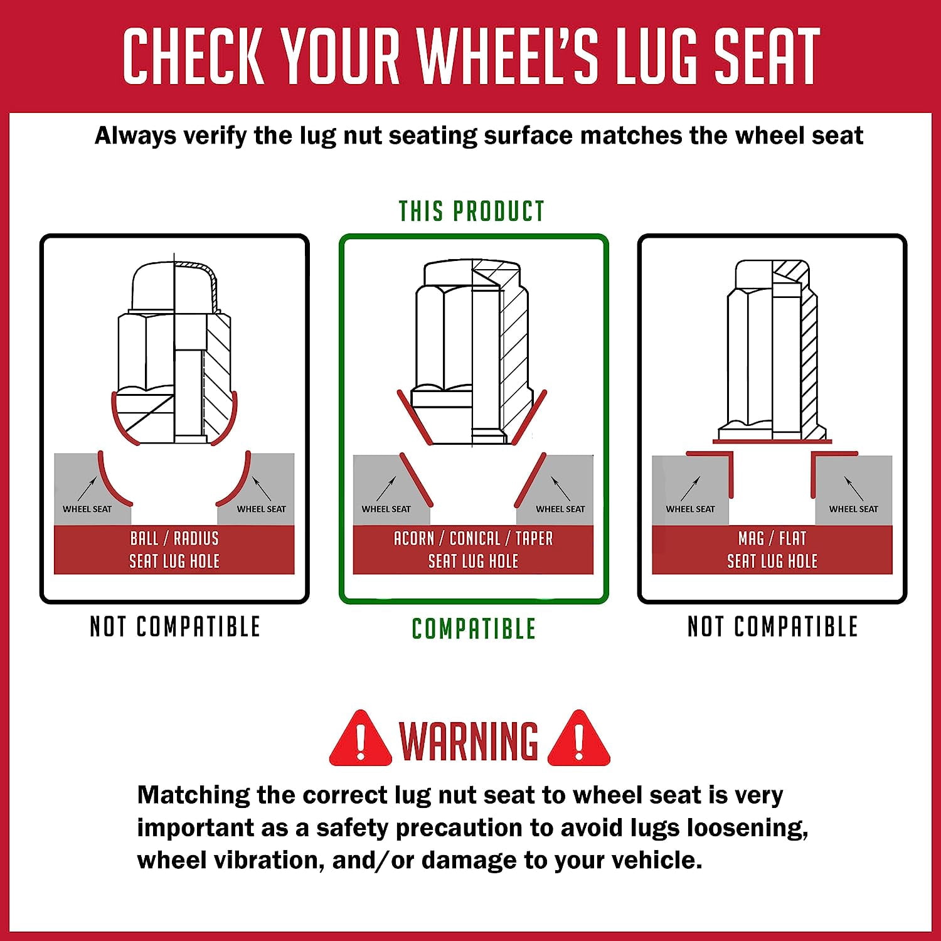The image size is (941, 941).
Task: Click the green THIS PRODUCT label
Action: click(x=472, y=211)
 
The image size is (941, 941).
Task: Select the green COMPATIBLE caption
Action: click(x=474, y=629)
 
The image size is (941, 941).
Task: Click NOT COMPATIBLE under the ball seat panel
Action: click(x=175, y=627)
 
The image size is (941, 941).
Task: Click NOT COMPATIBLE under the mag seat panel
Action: click(x=773, y=627)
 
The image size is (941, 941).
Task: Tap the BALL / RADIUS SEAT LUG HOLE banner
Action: click(x=174, y=550)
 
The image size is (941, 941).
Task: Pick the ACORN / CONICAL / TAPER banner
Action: click(x=473, y=550)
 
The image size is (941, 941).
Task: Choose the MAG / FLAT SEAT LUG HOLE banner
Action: click(x=772, y=550)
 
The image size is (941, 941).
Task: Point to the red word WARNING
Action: click(x=469, y=741)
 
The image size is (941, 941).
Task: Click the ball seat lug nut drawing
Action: click(x=174, y=353)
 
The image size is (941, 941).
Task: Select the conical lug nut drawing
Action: click(x=472, y=354)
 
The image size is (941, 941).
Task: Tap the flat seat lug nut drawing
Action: click(x=773, y=351)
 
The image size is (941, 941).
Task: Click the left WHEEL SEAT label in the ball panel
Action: click(x=87, y=509)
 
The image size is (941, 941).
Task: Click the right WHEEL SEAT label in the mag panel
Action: click(x=854, y=509)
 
